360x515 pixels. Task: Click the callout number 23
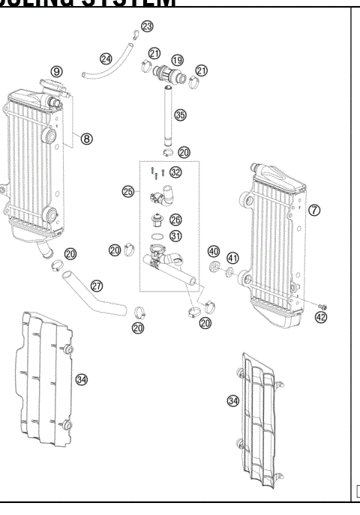pos(147,26)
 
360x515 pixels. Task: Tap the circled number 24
pos(106,58)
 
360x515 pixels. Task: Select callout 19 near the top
pos(177,59)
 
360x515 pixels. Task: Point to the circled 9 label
pos(56,71)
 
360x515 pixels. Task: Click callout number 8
pos(87,138)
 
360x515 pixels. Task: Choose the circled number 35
pos(180,115)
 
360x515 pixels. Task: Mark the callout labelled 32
pos(175,172)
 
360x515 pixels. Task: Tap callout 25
pos(128,192)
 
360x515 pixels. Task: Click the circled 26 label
pos(175,220)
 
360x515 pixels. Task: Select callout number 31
pos(175,236)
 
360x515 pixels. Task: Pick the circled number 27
pos(97,286)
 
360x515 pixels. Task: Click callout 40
pos(213,251)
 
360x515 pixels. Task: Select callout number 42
pos(322,317)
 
